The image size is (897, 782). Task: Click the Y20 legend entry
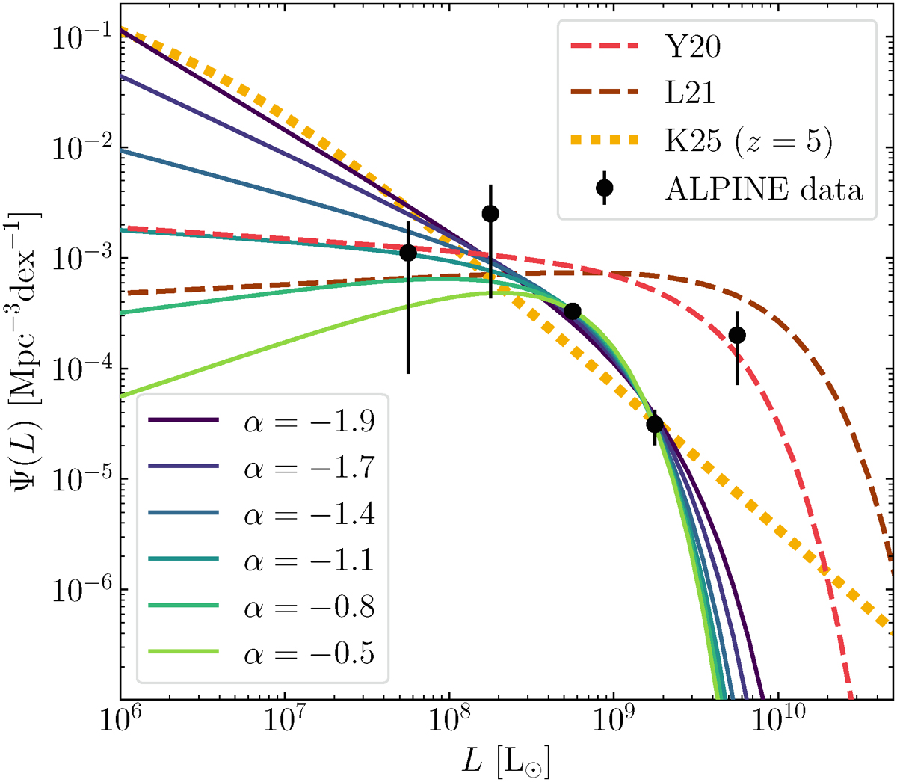693,48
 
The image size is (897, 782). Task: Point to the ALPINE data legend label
763,189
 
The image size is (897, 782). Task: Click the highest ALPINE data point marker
490,214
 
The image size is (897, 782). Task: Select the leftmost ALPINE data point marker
408,253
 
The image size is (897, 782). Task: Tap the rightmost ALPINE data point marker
737,335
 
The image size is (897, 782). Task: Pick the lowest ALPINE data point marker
655,425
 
